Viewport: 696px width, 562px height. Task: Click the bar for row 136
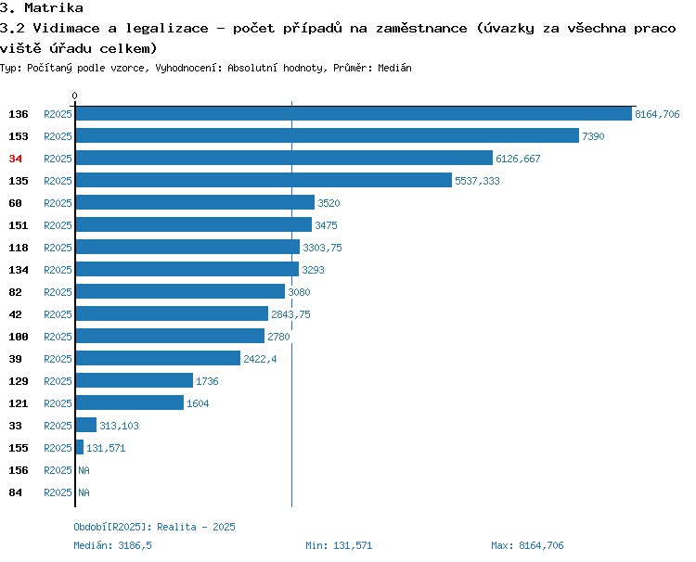[354, 113]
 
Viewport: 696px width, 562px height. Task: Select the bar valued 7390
[328, 135]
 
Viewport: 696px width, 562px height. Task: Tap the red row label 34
[15, 159]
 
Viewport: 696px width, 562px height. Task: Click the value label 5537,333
[477, 181]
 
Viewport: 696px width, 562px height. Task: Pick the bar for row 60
[195, 202]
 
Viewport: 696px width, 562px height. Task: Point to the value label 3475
[326, 225]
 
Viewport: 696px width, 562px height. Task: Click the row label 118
[19, 248]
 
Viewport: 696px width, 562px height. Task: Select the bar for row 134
[187, 269]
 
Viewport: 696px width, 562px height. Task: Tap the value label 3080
[299, 292]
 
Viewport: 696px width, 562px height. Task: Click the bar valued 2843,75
[173, 313]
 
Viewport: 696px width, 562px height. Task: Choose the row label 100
[19, 337]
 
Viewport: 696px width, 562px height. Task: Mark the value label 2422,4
[260, 359]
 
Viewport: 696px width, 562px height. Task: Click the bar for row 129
[135, 380]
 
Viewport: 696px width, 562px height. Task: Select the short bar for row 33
[86, 425]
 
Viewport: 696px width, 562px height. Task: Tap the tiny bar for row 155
[80, 447]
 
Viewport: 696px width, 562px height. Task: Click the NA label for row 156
[84, 470]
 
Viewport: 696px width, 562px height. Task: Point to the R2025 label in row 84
[58, 492]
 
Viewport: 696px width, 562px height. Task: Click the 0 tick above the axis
[74, 96]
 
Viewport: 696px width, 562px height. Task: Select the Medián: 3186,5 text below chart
[112, 545]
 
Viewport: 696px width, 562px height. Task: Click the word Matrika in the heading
[54, 7]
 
